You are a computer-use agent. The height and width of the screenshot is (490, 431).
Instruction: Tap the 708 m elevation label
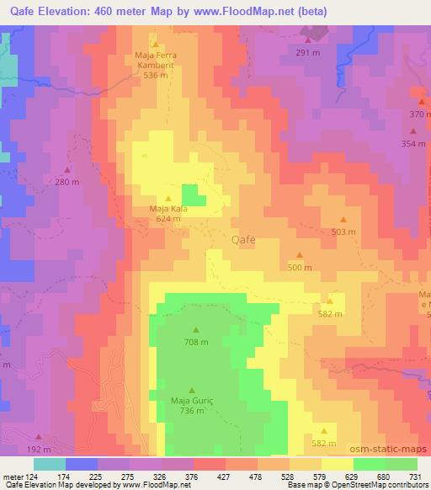pos(196,342)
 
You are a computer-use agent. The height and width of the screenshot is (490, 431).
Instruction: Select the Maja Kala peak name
pos(167,209)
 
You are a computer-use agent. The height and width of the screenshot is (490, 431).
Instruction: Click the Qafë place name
pos(242,239)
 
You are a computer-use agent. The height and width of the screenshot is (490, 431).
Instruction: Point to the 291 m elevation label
pos(308,52)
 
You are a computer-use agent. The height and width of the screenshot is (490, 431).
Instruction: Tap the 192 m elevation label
pos(40,450)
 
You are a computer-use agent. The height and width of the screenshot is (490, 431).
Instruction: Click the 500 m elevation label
pos(300,267)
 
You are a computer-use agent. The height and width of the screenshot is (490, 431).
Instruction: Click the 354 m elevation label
pos(413,143)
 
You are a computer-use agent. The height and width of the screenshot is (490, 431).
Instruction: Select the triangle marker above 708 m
pos(196,330)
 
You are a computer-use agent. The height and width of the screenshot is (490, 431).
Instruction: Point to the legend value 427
pos(248,477)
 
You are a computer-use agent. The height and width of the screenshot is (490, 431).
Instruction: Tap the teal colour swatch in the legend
pos(50,464)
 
